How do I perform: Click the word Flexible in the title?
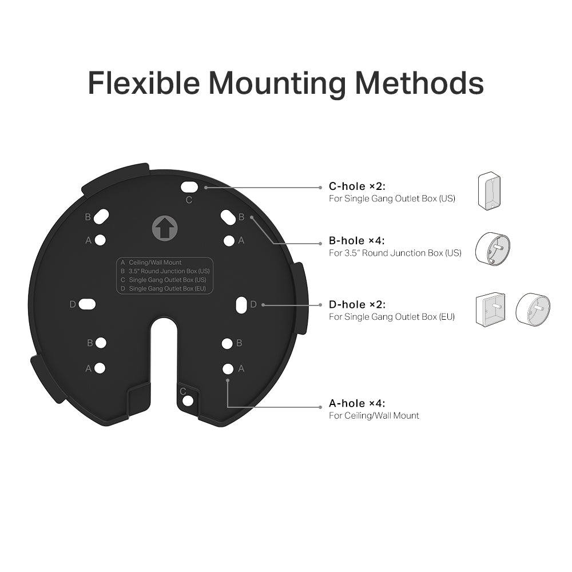point(144,83)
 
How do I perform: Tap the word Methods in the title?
point(419,83)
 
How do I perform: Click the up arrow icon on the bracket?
point(165,228)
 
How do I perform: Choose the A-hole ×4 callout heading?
point(357,403)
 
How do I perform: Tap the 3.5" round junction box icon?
point(492,248)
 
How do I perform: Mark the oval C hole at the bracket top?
point(189,186)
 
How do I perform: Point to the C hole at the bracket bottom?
point(188,400)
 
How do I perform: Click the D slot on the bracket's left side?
point(87,304)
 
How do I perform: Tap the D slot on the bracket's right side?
point(241,304)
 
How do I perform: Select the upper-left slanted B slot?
point(101,217)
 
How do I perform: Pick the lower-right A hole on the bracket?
point(228,369)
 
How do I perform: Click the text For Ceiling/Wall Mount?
point(374,416)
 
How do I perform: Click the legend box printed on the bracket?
point(165,276)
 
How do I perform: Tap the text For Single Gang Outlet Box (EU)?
point(392,317)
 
